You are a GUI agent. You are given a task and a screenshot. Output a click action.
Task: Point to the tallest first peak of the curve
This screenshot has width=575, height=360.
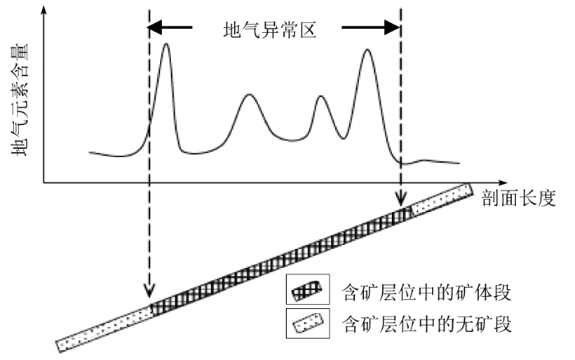click(167, 44)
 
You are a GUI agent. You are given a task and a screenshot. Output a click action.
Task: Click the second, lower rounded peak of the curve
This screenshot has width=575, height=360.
click(251, 96)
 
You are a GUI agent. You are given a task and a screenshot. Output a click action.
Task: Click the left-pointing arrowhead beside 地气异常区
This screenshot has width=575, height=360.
click(156, 30)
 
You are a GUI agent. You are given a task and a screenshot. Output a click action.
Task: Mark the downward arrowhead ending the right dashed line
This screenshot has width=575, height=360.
click(401, 200)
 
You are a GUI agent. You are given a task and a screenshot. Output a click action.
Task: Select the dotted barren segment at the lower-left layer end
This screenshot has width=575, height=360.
click(103, 326)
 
